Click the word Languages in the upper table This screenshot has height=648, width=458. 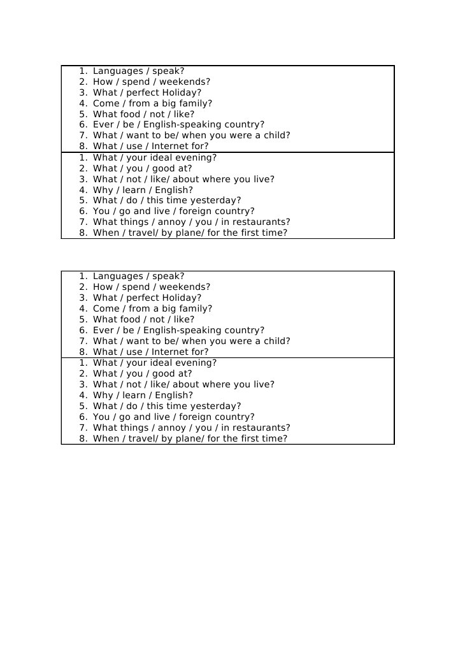(117, 71)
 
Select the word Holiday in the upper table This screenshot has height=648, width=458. (181, 93)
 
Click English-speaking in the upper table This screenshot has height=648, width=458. (182, 125)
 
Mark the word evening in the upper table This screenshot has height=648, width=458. (195, 157)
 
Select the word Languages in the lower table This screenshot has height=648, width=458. (117, 277)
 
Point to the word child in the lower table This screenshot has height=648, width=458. (276, 341)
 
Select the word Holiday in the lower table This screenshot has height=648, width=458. (181, 298)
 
